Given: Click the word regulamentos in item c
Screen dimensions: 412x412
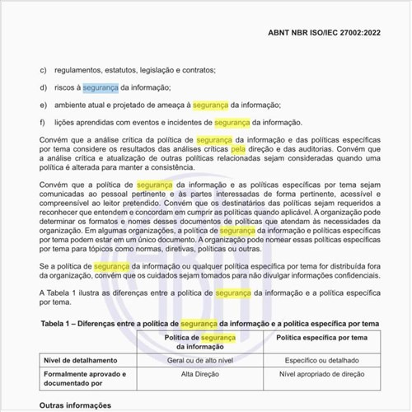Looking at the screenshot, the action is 85,70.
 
